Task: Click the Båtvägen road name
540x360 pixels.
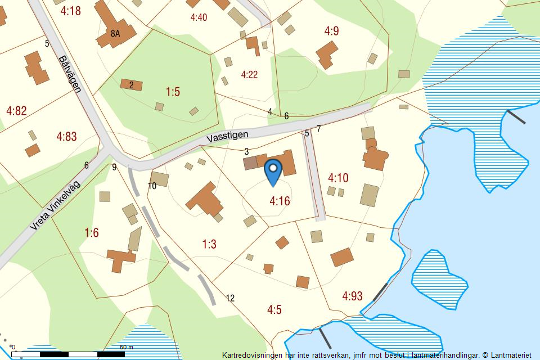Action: point(70,74)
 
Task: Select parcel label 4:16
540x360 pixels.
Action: point(280,200)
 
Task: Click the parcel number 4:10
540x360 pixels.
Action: point(338,178)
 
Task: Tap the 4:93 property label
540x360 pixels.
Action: point(352,296)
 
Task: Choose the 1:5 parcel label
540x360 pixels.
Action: point(173,92)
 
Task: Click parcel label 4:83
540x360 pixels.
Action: point(66,136)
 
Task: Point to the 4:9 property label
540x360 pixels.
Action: point(332,31)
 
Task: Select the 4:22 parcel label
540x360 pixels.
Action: point(249,74)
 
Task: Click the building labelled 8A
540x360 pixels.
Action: point(115,33)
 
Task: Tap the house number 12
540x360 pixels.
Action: point(230,298)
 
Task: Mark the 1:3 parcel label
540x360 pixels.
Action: point(209,244)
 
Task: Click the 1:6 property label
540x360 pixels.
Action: point(91,233)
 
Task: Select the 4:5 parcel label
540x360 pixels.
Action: point(274,309)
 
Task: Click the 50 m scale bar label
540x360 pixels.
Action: point(127,347)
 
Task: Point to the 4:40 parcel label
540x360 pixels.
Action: point(199,17)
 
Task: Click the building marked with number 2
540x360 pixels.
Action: point(132,85)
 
